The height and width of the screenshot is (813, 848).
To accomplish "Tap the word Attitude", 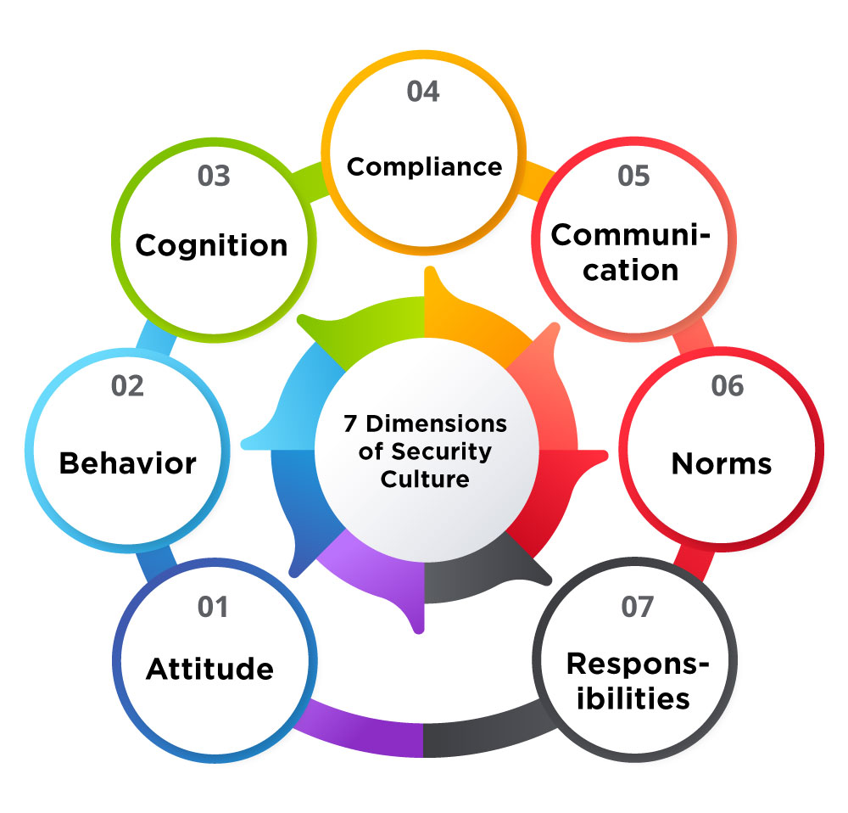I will pyautogui.click(x=210, y=669).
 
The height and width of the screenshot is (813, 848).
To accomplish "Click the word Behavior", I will pyautogui.click(x=127, y=463).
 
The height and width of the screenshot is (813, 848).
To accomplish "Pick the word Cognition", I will pyautogui.click(x=212, y=245).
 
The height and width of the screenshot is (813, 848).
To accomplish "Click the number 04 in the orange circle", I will pyautogui.click(x=423, y=92).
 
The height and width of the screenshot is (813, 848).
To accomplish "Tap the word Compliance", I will pyautogui.click(x=424, y=166).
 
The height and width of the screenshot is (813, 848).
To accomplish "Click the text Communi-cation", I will pyautogui.click(x=632, y=252).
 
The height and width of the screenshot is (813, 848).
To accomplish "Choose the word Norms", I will pyautogui.click(x=722, y=463).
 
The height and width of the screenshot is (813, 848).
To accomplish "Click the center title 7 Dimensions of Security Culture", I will pyautogui.click(x=425, y=451).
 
